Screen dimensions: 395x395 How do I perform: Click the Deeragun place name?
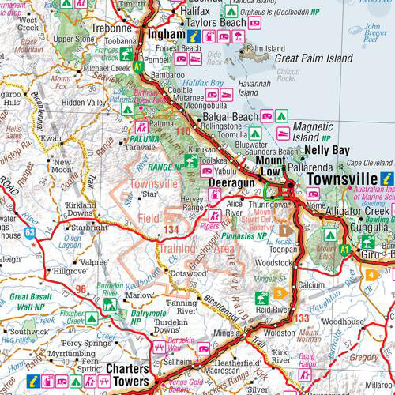[231, 182]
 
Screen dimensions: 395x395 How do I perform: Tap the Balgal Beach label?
[231, 117]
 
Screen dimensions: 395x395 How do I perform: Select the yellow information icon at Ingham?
[194, 36]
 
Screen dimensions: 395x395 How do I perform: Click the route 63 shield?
[29, 232]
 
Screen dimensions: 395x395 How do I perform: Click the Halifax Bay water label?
[203, 82]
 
